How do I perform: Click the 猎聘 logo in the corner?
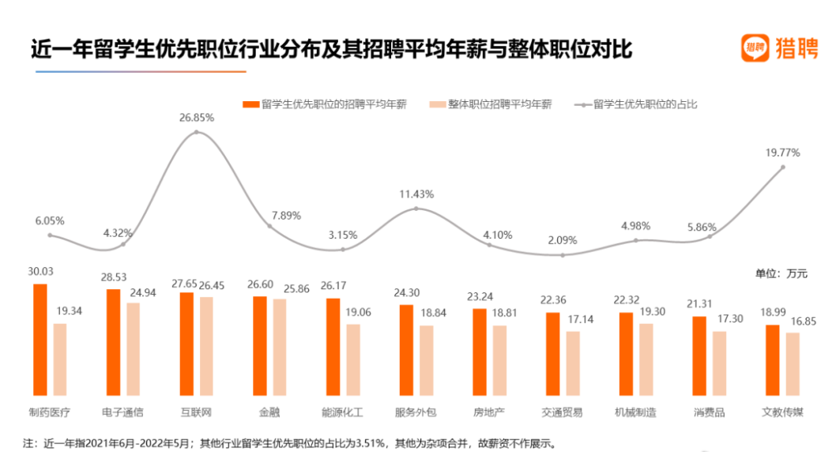[778, 48]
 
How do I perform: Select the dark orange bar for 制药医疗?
[40, 339]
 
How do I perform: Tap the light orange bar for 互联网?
[207, 346]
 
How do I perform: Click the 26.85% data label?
[197, 117]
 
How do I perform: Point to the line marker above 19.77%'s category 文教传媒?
[783, 167]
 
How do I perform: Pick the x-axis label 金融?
[269, 412]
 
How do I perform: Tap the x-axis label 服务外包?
[416, 412]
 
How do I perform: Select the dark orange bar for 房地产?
[480, 352]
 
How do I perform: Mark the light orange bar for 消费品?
[719, 363]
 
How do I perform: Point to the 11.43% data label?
[416, 194]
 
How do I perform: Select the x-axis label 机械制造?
[635, 412]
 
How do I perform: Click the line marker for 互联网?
[197, 132]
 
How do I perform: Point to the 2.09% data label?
[563, 240]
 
